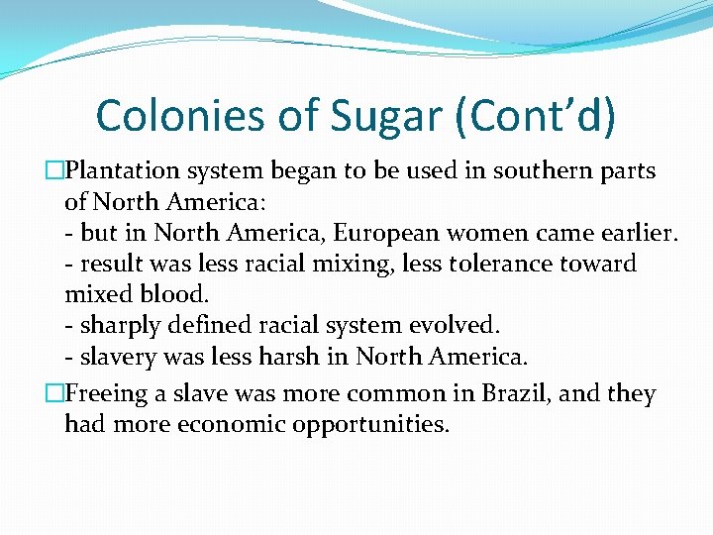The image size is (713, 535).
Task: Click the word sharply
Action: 117,326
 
